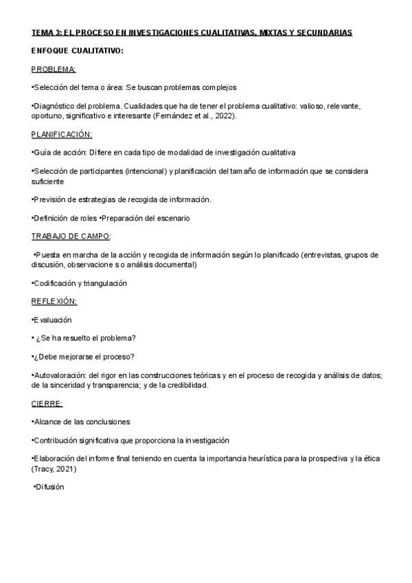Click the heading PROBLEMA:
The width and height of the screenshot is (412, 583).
click(54, 69)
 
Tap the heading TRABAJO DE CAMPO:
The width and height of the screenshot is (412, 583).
click(71, 236)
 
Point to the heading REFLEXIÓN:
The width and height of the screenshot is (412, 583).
click(54, 301)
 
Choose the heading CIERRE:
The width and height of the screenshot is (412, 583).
click(47, 404)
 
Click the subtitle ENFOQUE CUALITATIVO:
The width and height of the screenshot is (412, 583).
click(78, 51)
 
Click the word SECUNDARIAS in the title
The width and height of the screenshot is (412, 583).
click(323, 32)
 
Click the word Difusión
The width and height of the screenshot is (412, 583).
click(49, 487)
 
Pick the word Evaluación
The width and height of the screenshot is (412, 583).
click(53, 320)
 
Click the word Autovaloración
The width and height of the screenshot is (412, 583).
click(60, 375)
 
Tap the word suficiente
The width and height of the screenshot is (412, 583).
click(48, 181)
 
